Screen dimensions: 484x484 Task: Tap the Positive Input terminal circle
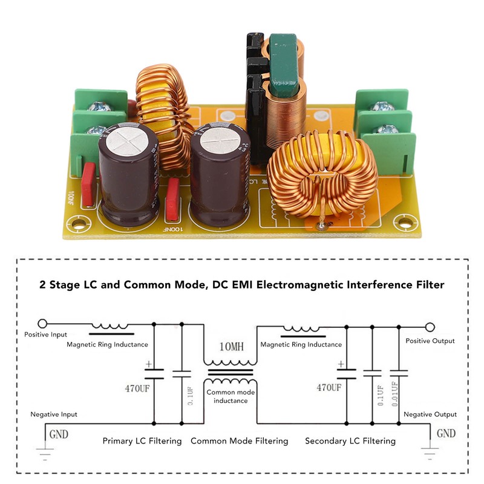point(42,324)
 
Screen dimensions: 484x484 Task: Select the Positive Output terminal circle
point(430,327)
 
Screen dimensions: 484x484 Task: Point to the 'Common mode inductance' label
point(230,396)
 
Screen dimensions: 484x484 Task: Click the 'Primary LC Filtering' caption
point(142,441)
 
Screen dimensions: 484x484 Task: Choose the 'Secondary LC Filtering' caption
point(350,441)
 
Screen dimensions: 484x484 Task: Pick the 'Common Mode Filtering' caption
point(239,441)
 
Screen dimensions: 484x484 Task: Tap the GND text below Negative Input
point(59,434)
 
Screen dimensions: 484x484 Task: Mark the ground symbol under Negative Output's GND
point(430,451)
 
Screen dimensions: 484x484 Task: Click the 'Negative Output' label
point(430,414)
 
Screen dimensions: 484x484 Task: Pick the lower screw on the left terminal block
point(97,129)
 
